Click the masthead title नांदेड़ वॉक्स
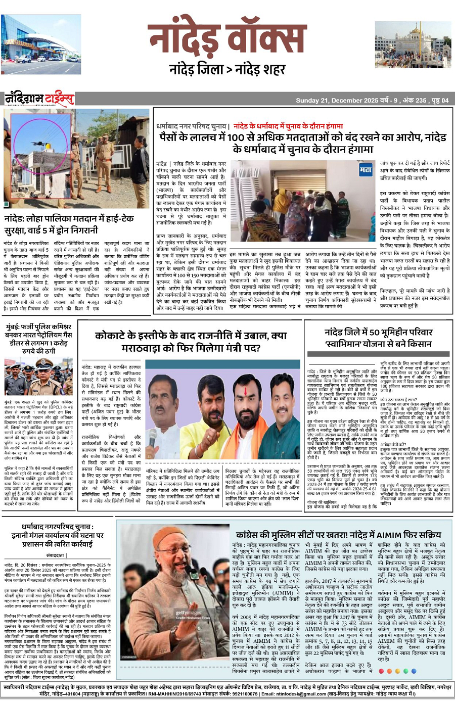227,40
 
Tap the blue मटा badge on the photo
366,170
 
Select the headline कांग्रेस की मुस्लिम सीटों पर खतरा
338,535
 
